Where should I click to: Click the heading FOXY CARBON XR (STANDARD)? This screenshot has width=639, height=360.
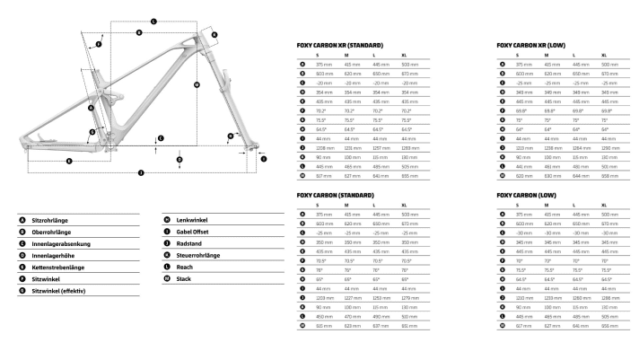[340, 44]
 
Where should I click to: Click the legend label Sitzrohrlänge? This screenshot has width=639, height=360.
[51, 218]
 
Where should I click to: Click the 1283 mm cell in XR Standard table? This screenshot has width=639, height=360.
[409, 147]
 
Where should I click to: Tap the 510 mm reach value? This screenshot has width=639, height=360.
[409, 316]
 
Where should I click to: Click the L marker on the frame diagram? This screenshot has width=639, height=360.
[153, 19]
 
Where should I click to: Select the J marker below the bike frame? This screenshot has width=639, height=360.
[140, 171]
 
